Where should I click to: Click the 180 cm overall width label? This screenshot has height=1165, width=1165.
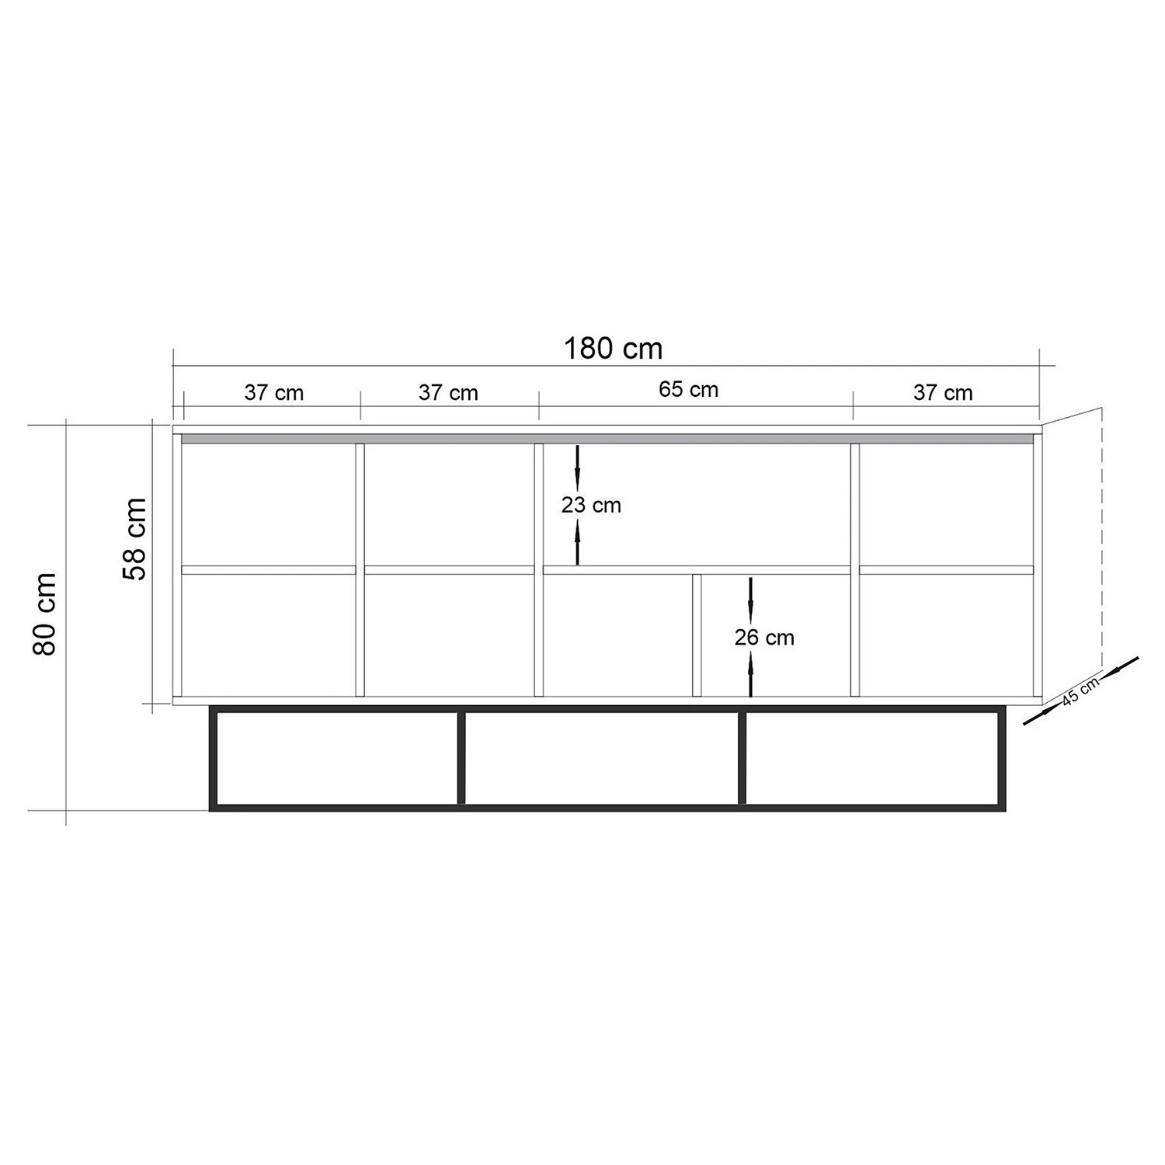(613, 349)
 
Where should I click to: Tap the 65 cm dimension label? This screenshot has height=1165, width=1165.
(689, 389)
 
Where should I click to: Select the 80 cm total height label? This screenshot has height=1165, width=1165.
(45, 614)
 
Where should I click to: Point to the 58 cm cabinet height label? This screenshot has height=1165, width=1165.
(134, 539)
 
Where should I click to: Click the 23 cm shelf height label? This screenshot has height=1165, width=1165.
(591, 505)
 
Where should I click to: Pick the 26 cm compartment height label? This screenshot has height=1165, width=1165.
(764, 638)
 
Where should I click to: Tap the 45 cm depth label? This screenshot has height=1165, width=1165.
(1080, 690)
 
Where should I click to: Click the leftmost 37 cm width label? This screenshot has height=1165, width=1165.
(274, 392)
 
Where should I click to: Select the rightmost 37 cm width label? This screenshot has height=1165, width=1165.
(943, 392)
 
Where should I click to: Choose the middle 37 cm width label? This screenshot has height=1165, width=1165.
(448, 392)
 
